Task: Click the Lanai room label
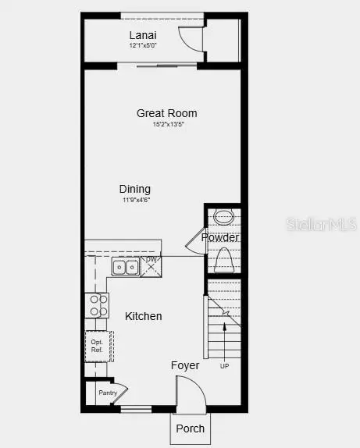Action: point(143,35)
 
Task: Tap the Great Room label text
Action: point(166,113)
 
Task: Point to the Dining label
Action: point(135,189)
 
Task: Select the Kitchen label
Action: point(144,316)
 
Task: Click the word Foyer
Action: point(185,365)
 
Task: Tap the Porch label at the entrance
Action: point(190,428)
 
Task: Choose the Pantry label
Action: point(108,393)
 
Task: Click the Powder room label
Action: point(220,237)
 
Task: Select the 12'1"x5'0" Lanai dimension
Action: point(143,46)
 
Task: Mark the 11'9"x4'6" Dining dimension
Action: point(135,201)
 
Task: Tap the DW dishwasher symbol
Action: point(152,261)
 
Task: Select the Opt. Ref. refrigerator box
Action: point(98,346)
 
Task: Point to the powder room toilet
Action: point(223,258)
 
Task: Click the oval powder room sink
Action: point(223,217)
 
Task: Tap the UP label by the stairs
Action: point(225,366)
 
